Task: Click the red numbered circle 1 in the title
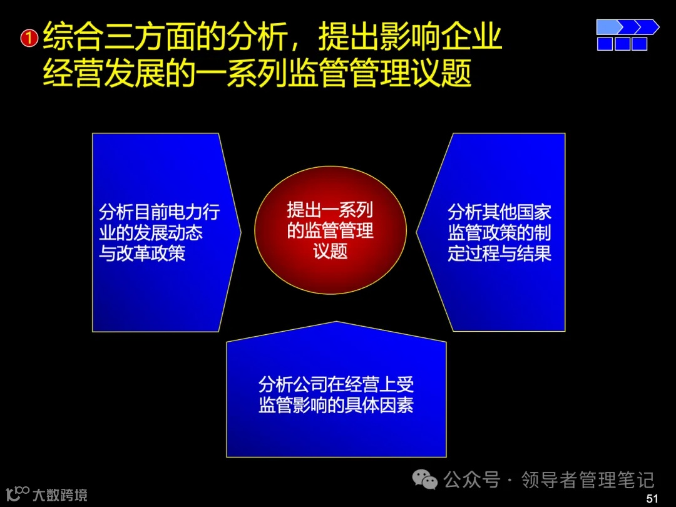[x=29, y=39]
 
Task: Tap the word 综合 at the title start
[x=67, y=38]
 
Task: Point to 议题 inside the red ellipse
[x=330, y=252]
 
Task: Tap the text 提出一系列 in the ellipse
[x=330, y=210]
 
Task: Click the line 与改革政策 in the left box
[x=142, y=253]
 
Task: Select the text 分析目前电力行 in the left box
[x=160, y=212]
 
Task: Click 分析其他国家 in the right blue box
[x=499, y=212]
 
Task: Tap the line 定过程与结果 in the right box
[x=499, y=253]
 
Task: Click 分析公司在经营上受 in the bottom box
[x=336, y=384]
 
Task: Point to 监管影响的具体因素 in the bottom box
[x=336, y=405]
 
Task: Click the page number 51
[x=652, y=498]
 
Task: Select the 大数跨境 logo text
[x=60, y=495]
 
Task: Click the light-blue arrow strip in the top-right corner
[x=627, y=27]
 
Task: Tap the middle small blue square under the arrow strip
[x=622, y=44]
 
